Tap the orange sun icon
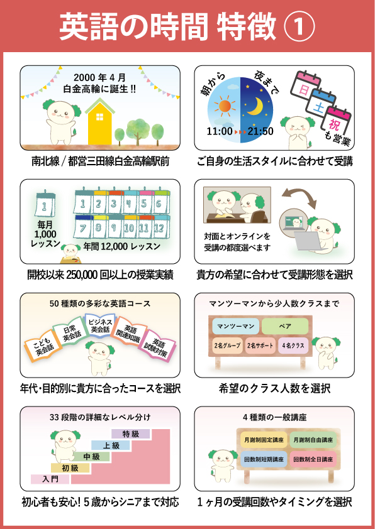click(224, 106)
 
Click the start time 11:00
click(220, 131)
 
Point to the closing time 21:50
click(260, 131)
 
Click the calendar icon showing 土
click(320, 102)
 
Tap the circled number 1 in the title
click(299, 28)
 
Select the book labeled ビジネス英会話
click(99, 325)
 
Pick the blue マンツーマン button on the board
click(236, 326)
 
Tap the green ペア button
click(285, 326)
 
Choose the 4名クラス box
click(293, 346)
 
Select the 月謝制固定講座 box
click(264, 440)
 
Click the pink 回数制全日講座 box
click(313, 459)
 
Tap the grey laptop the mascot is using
click(307, 240)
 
